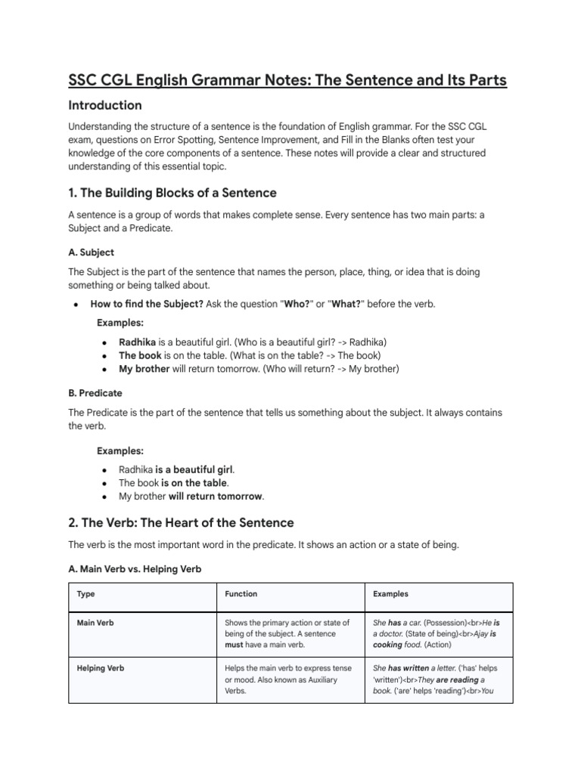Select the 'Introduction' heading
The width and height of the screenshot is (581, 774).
(x=105, y=105)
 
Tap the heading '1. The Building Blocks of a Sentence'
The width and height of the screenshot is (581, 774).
(x=172, y=192)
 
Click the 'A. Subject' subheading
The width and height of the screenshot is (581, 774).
(x=91, y=252)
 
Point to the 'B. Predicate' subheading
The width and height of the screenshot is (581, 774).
(x=95, y=393)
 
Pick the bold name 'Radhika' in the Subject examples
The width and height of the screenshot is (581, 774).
(x=138, y=342)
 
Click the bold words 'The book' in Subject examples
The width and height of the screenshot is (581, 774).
(x=139, y=355)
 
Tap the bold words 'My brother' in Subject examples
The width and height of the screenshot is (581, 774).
(x=144, y=369)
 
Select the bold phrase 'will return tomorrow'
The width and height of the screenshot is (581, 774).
(x=216, y=497)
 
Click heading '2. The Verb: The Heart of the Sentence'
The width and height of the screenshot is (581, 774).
(x=181, y=523)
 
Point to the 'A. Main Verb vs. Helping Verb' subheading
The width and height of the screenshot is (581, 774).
(x=135, y=569)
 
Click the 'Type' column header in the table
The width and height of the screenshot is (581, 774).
(x=86, y=594)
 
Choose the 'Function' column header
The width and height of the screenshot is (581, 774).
(x=241, y=594)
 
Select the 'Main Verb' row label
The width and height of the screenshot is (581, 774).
(x=97, y=623)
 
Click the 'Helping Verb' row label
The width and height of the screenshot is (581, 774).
(x=101, y=668)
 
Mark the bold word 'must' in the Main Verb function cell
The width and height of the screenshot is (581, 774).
(x=234, y=646)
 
